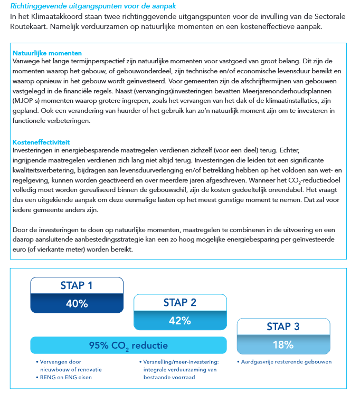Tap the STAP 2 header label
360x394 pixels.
(x=179, y=302)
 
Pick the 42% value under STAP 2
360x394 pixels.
(x=179, y=320)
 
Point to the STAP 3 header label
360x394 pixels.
(x=283, y=327)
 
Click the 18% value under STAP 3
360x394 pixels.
(x=283, y=345)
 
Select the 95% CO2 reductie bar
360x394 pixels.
(x=129, y=346)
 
